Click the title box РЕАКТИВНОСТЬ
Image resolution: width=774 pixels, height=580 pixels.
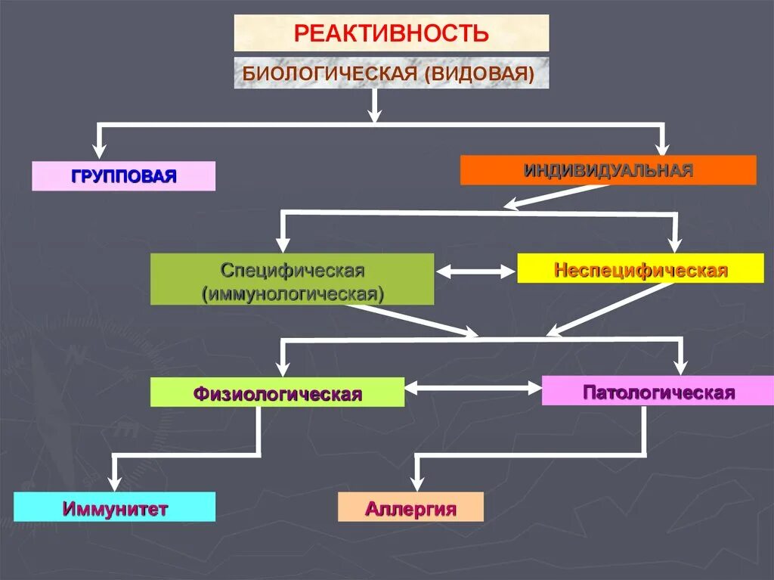pyautogui.click(x=392, y=33)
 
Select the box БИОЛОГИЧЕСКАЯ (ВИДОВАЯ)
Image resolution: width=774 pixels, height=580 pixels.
pyautogui.click(x=392, y=73)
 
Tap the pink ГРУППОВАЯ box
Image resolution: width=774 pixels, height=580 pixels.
pyautogui.click(x=124, y=176)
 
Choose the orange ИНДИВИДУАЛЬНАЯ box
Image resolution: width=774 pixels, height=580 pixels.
pyautogui.click(x=608, y=170)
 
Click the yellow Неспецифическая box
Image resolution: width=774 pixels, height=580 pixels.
pyautogui.click(x=640, y=269)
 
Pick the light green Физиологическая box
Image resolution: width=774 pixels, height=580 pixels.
pyautogui.click(x=277, y=393)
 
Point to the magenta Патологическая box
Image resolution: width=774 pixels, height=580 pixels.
pyautogui.click(x=658, y=392)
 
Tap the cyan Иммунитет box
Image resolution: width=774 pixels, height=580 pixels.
pyautogui.click(x=114, y=507)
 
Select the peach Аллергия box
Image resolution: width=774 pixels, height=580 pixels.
pyautogui.click(x=410, y=507)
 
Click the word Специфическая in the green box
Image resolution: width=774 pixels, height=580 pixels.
pyautogui.click(x=293, y=270)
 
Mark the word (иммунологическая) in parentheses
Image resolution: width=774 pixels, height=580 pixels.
pyautogui.click(x=293, y=293)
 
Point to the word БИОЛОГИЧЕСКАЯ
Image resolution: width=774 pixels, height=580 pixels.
pyautogui.click(x=330, y=73)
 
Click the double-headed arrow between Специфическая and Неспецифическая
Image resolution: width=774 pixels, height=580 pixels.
pyautogui.click(x=475, y=271)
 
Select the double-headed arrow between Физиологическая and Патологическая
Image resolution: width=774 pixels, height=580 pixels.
pyautogui.click(x=473, y=388)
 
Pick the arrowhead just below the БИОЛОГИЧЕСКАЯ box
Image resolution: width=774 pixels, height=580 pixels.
pyautogui.click(x=375, y=114)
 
